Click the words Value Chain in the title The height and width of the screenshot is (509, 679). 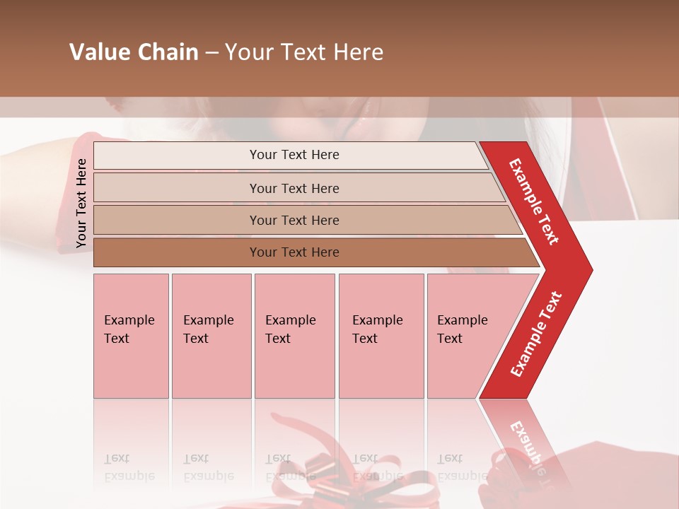pos(134,52)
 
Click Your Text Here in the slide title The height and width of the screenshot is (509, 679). pos(304,52)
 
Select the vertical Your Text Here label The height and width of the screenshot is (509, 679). pos(81,203)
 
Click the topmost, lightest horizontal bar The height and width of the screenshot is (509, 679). pos(290,155)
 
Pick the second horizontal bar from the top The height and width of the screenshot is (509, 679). pos(297,188)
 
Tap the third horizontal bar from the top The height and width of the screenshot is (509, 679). pos(304,220)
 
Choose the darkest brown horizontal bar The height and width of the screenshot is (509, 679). pos(311,252)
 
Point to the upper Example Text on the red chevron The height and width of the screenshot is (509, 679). pos(534,201)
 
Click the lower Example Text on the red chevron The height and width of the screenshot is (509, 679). pos(536,334)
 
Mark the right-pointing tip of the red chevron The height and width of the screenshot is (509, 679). pos(591,270)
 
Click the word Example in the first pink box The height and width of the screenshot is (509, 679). pos(129,320)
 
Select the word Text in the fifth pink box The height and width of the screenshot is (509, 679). pos(449,339)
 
